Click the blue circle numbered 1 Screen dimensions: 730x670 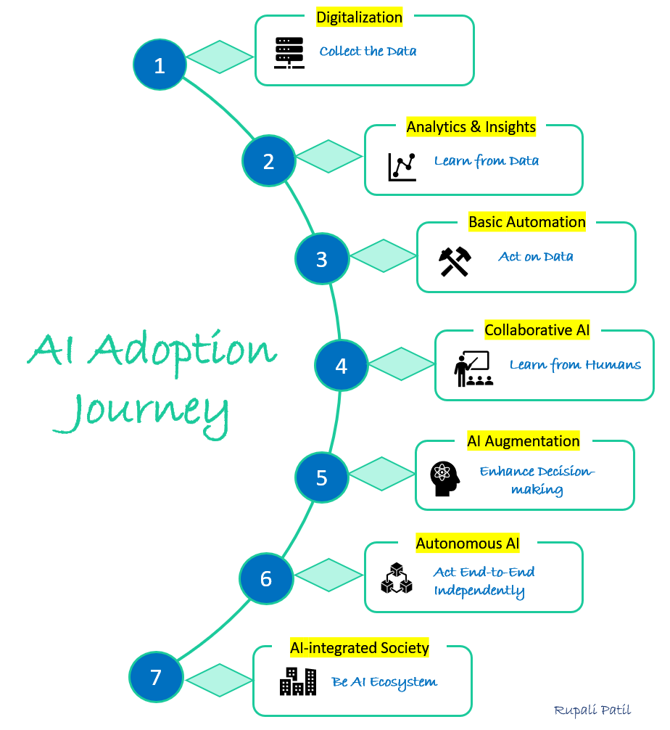click(x=160, y=66)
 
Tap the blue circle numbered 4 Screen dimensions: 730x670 click(x=341, y=366)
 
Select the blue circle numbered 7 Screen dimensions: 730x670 click(x=156, y=677)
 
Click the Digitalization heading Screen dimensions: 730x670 click(x=360, y=17)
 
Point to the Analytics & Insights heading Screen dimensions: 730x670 click(x=471, y=127)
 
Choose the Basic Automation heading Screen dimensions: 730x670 click(x=527, y=222)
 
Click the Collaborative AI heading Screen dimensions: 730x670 click(x=537, y=330)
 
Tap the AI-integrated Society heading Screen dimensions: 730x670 click(x=360, y=647)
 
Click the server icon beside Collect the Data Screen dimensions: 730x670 click(x=289, y=52)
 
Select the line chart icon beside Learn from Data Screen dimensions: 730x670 click(x=402, y=166)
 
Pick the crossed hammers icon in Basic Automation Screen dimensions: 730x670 click(x=455, y=261)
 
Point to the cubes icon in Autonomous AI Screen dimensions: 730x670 click(x=396, y=578)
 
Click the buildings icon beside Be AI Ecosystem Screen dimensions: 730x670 click(x=298, y=681)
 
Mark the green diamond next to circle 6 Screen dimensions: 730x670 click(x=329, y=575)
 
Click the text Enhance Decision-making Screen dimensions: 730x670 click(x=537, y=480)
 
